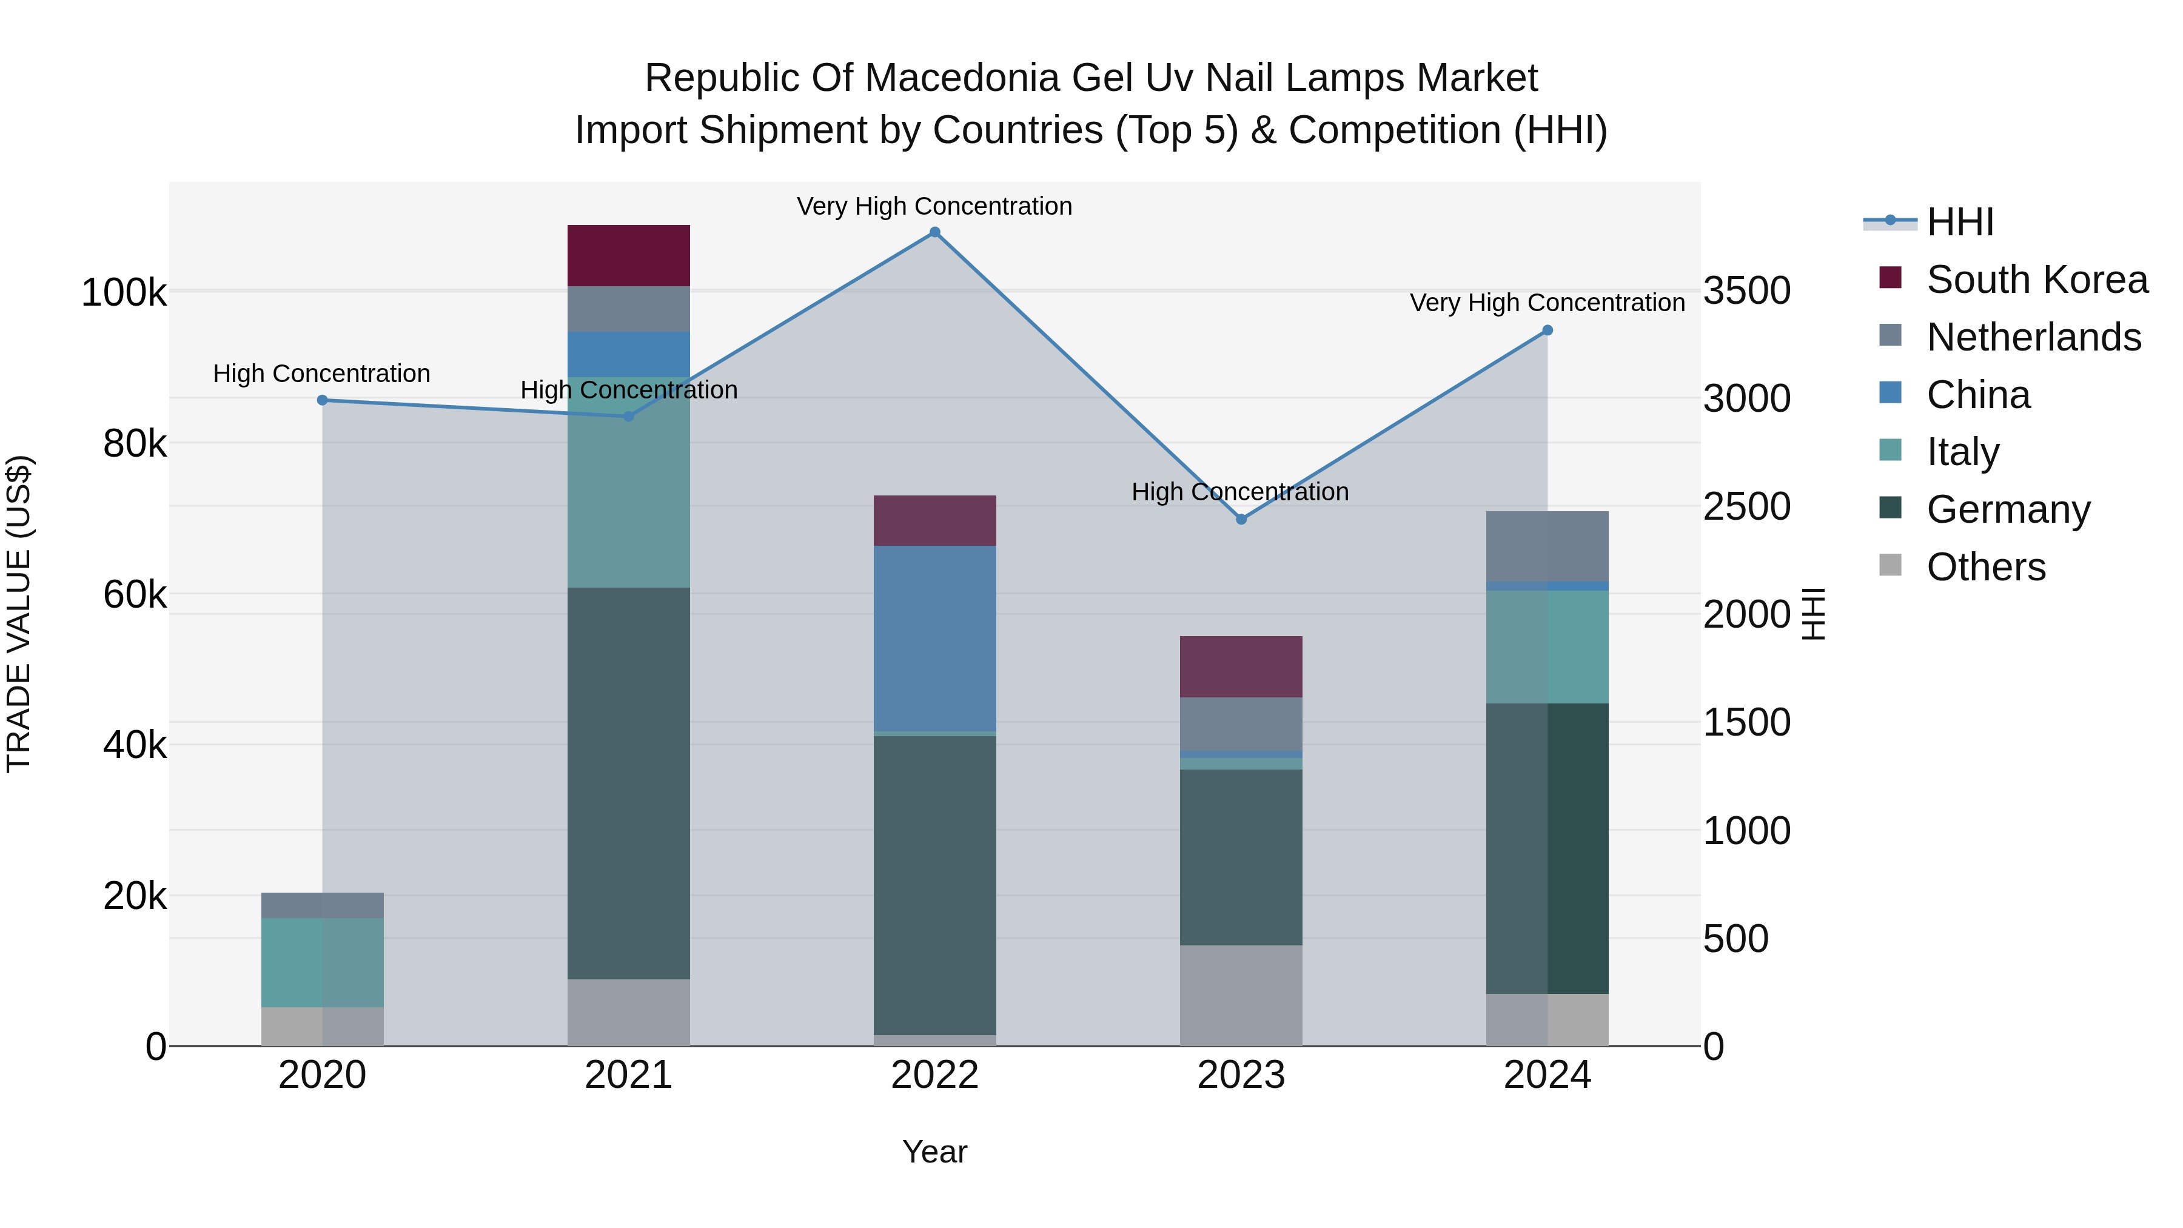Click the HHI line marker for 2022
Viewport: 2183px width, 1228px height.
934,232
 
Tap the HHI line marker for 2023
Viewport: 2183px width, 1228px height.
1241,520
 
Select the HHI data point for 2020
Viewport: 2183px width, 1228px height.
322,400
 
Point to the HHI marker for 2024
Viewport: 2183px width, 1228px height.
1548,330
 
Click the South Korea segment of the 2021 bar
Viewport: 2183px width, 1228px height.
628,255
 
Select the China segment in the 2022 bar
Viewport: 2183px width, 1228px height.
934,638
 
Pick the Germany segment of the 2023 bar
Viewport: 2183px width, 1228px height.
1241,857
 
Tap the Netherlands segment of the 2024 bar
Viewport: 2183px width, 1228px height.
1548,546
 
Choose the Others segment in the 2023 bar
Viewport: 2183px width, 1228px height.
1241,995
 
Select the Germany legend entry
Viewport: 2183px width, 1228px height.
2008,509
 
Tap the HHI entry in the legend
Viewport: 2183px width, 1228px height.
1960,222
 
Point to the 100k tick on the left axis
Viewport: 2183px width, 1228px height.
124,294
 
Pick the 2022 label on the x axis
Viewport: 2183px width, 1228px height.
934,1075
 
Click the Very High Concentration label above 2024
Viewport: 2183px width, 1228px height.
1548,303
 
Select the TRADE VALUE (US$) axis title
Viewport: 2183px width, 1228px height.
19,614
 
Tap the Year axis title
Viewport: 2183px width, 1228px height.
934,1152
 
